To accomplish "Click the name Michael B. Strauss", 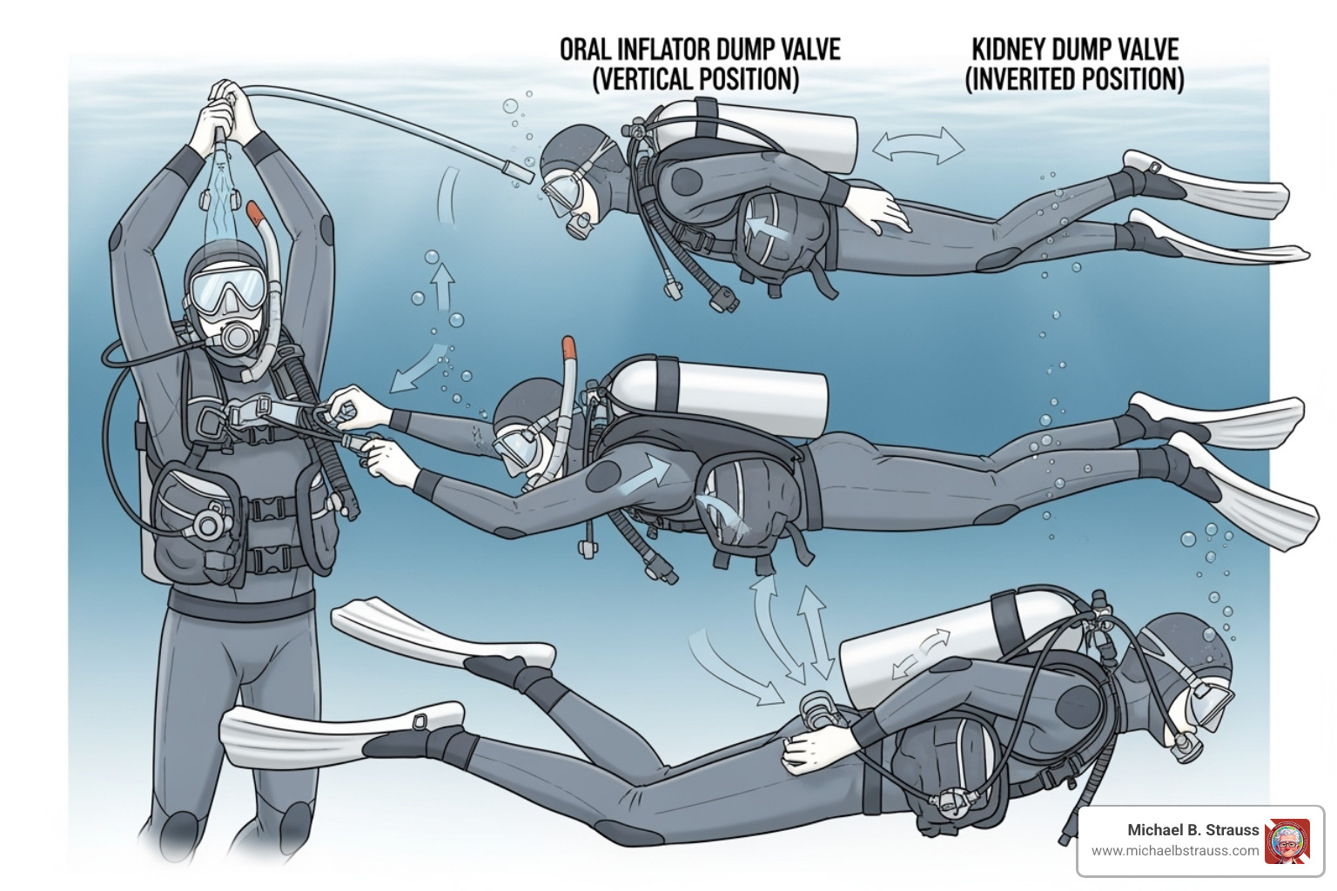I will tap(1193, 830).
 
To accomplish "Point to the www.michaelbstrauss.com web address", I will tap(1174, 851).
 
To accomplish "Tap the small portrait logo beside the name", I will tap(1287, 841).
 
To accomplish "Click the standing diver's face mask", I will tap(227, 289).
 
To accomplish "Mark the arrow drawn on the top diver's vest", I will tap(763, 226).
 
